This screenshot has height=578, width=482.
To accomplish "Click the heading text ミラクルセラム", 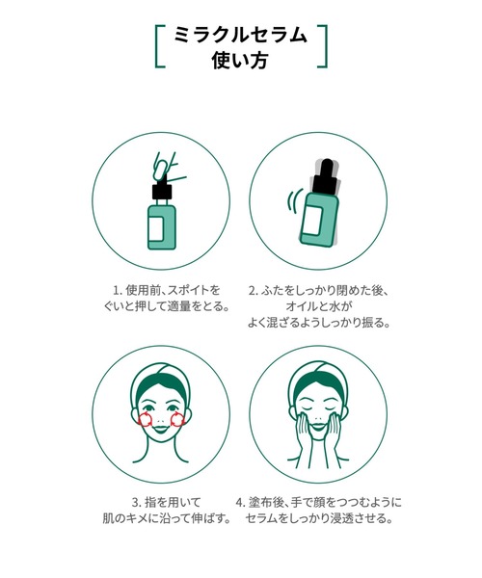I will point(240,36).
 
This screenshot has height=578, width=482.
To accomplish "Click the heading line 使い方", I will point(240,62).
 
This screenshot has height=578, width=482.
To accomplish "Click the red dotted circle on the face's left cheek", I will point(145,419).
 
